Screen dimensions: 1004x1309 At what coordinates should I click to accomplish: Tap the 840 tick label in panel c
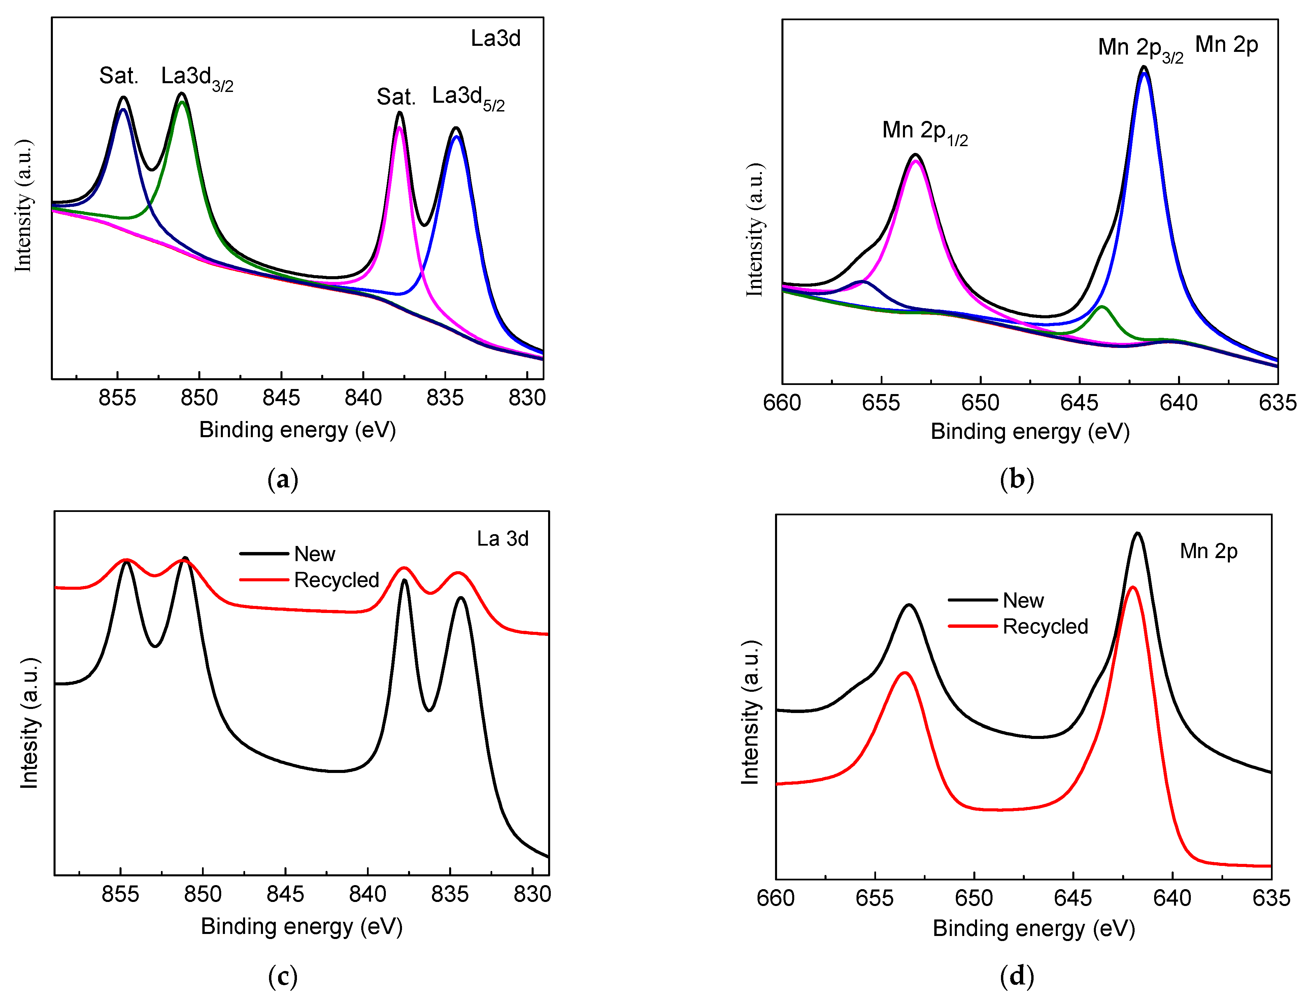[367, 895]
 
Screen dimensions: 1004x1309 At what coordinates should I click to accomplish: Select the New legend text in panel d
[1023, 601]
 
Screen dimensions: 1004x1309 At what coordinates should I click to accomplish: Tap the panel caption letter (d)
[1016, 976]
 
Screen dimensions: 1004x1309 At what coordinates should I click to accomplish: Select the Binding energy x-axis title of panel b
[1030, 431]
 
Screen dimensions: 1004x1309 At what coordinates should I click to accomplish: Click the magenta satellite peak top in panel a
[399, 127]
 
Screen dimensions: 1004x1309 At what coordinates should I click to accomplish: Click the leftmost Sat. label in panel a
[118, 76]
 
